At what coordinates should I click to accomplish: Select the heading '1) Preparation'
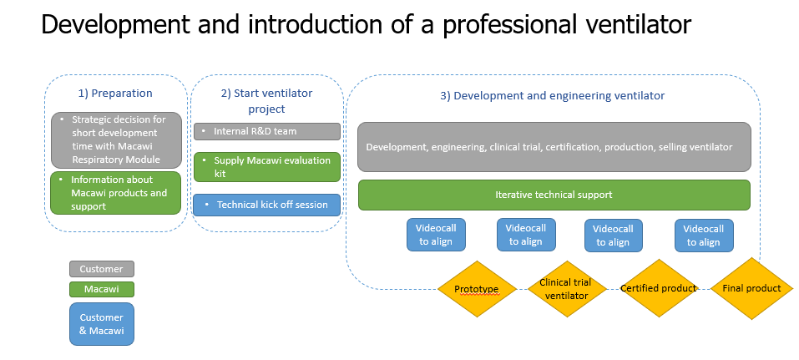115,93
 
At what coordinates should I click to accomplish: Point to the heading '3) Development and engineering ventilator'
552,95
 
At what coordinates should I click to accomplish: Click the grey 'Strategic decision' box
115,139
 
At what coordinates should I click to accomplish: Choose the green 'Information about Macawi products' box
115,192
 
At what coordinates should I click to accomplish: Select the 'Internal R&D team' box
266,131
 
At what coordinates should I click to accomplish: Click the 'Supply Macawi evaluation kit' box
266,166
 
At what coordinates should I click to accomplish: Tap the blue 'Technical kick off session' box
266,205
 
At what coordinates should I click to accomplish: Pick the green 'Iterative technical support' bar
554,195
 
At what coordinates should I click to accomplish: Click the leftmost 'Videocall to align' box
436,235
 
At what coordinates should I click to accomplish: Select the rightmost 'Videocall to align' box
703,235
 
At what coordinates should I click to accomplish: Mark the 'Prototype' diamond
476,289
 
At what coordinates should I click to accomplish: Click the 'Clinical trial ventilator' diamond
566,289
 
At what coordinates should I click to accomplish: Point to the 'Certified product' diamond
658,288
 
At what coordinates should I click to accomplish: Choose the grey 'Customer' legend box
101,269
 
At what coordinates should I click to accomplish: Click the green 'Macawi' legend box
101,289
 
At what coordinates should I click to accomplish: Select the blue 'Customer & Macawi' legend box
101,323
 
